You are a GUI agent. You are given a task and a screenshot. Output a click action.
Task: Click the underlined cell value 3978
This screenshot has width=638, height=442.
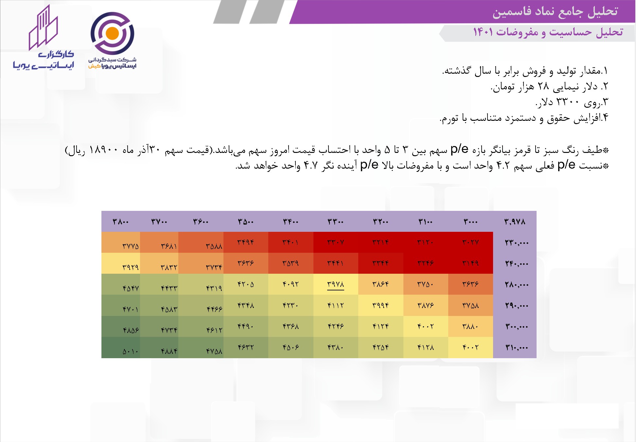pos(336,284)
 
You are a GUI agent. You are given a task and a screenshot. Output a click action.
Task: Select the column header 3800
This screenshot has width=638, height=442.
pos(121,222)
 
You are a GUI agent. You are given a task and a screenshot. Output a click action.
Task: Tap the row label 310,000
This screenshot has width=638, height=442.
pos(517,347)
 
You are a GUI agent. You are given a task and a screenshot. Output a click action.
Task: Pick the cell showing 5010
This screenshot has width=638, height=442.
pos(131,352)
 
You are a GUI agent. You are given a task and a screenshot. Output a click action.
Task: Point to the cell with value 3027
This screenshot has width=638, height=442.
pos(470,242)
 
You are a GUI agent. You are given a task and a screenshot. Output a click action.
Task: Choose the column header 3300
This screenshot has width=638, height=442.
pos(336,222)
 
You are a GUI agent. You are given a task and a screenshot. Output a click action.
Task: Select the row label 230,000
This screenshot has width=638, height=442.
pos(517,243)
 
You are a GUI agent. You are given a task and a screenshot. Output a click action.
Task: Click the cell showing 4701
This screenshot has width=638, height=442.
pos(131,309)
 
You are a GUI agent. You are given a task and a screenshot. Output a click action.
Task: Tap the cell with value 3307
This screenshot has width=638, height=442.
pos(336,242)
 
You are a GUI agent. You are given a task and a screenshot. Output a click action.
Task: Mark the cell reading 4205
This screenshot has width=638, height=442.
pos(246,284)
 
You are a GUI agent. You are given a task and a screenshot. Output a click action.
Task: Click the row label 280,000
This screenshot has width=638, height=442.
pos(517,285)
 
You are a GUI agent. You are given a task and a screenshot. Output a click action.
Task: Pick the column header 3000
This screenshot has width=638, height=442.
pos(470,222)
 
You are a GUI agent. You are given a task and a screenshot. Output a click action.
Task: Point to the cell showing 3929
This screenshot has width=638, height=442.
pos(131,267)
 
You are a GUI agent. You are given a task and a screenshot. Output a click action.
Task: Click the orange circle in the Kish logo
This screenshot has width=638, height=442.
pos(113,33)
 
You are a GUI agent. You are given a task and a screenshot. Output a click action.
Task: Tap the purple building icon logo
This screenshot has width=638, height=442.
pos(43,28)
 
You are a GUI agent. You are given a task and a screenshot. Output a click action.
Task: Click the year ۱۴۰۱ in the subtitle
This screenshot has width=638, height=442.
pos(483,32)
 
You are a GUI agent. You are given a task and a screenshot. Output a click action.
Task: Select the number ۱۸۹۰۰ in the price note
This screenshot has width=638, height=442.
pos(103,150)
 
